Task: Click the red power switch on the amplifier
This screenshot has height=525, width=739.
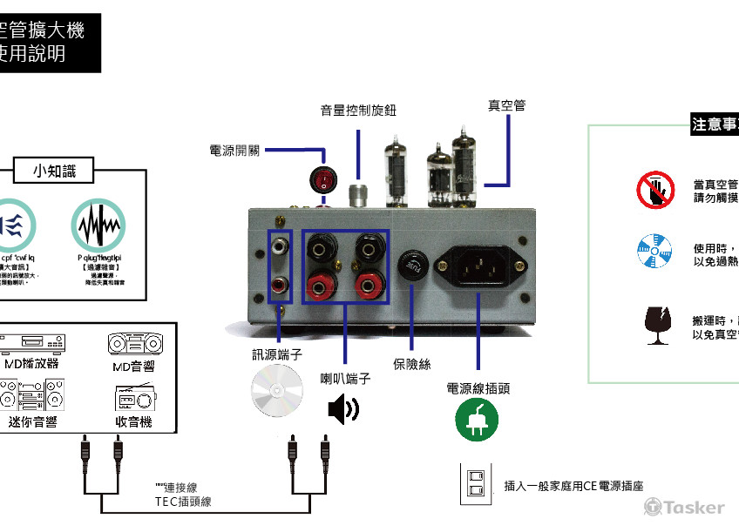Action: point(322,180)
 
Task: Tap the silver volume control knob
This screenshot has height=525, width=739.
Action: point(356,194)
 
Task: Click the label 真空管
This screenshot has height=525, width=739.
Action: point(506,105)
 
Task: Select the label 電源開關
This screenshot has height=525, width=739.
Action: point(235,150)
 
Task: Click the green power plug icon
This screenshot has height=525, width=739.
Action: point(477,421)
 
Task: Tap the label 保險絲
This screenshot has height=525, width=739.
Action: point(411,365)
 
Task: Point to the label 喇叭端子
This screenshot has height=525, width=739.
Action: point(345,379)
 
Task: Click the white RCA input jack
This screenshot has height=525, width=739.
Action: point(280,247)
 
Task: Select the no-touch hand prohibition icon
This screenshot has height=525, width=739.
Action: point(654,191)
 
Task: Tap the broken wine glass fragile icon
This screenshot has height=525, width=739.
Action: point(654,324)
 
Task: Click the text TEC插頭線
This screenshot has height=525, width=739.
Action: point(183,501)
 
